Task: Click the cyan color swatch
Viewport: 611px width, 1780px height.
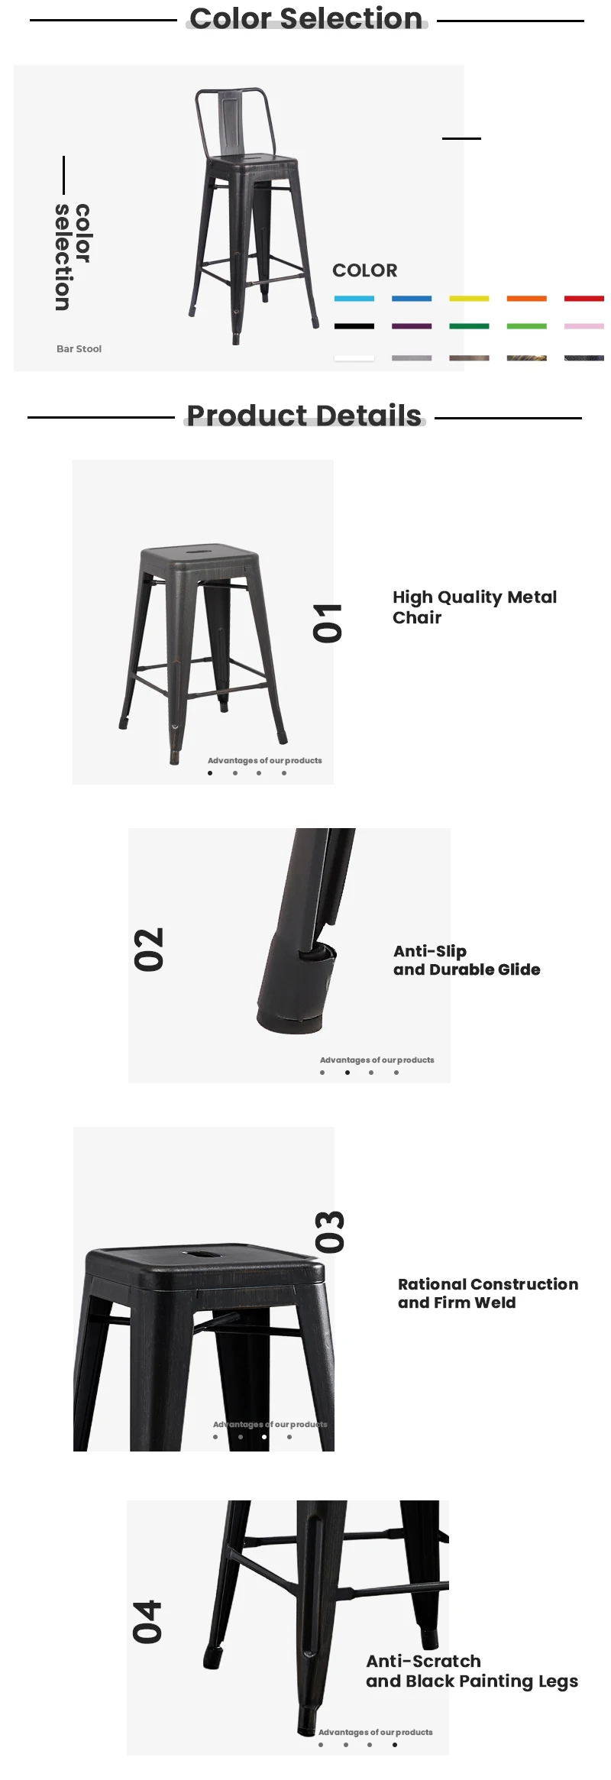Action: (x=354, y=299)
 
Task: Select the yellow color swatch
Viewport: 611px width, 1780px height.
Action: (x=469, y=299)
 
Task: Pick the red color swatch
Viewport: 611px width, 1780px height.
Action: (x=584, y=299)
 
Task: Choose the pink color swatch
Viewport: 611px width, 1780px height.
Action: (x=584, y=326)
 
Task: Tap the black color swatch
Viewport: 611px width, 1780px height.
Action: (x=354, y=326)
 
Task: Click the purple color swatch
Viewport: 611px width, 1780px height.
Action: (x=412, y=326)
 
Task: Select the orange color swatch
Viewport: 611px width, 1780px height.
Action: (x=526, y=299)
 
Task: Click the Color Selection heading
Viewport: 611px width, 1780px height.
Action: (x=305, y=18)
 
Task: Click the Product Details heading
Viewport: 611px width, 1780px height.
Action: (x=304, y=416)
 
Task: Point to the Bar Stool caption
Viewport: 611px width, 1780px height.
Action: (x=79, y=349)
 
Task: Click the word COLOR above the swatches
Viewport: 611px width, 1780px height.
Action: (x=364, y=270)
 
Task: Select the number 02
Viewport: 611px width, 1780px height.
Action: (x=150, y=950)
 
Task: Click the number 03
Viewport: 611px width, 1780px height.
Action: (x=331, y=1232)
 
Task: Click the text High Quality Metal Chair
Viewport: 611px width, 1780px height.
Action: (x=474, y=607)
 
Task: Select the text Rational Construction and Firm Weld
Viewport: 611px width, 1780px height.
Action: (x=487, y=1293)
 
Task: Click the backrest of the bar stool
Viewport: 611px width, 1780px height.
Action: (x=234, y=120)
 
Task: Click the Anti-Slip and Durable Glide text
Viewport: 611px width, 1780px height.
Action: (x=466, y=960)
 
